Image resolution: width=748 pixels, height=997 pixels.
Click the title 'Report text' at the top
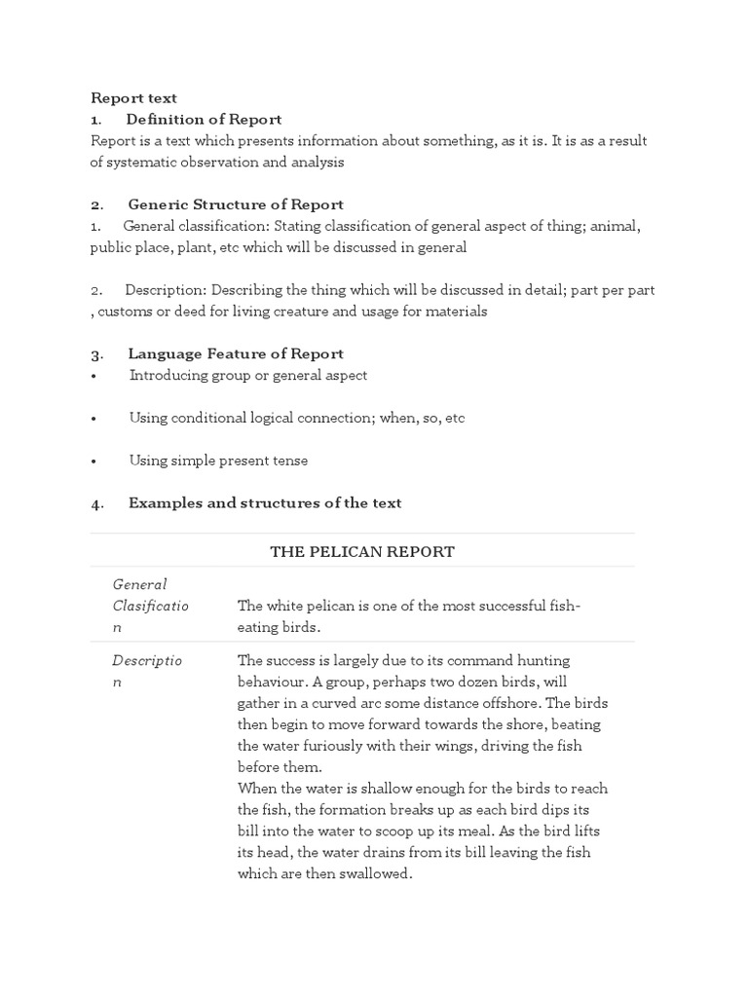[x=133, y=97]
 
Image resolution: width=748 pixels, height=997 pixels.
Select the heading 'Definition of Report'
[x=204, y=119]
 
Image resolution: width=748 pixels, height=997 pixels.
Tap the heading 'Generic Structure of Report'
[x=236, y=204]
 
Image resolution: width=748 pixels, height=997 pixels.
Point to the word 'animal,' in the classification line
[x=614, y=226]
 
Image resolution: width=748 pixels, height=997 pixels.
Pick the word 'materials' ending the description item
[x=457, y=312]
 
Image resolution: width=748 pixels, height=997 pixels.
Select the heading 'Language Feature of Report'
[x=236, y=353]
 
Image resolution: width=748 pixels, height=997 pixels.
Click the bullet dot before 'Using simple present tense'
[x=93, y=462]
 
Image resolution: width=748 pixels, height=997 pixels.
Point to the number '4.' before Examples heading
[x=97, y=503]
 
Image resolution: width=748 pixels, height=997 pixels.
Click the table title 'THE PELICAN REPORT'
[x=362, y=552]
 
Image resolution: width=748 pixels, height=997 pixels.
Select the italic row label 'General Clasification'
[x=150, y=606]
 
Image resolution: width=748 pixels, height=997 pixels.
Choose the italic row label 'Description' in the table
[x=147, y=671]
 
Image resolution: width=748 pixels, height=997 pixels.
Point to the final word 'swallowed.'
[x=374, y=874]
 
